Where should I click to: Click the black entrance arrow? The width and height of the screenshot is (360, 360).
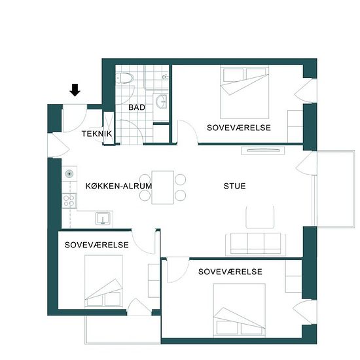point(75,90)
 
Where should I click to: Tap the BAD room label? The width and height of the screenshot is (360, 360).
point(137,107)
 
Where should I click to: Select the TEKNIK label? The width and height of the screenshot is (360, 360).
point(97,134)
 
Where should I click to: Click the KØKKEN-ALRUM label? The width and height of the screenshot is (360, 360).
point(118,186)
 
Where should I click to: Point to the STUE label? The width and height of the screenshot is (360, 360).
point(234,186)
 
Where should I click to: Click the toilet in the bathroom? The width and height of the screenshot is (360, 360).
point(125,78)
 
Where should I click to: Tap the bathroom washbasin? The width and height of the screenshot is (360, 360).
point(161,101)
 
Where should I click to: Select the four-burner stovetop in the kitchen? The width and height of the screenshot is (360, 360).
point(69,201)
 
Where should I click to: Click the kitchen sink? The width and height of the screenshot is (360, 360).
point(103,218)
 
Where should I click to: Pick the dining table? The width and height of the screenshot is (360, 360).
point(163,187)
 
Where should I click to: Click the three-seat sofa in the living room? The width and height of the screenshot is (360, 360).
point(255,244)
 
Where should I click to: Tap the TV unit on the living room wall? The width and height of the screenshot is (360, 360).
point(263,151)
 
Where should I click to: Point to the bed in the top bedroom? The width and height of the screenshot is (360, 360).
point(245,92)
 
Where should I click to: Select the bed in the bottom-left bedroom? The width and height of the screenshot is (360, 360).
point(103,281)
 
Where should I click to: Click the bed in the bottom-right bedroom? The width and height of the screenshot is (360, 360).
point(239,310)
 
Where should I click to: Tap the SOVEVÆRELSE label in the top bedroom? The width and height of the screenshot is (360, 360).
point(239,128)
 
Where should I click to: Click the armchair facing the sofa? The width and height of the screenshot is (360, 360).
point(260,217)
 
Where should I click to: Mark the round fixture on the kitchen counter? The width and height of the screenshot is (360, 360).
point(69,174)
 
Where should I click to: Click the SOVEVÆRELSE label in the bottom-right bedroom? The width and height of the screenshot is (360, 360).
point(230,272)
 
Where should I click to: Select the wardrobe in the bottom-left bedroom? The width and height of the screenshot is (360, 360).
point(154,281)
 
